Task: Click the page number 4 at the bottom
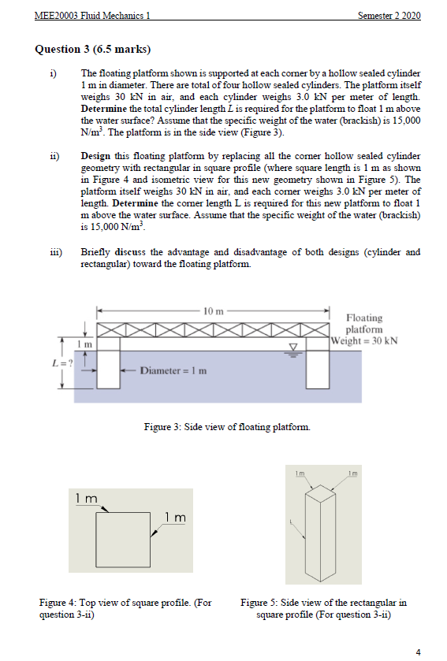click(x=418, y=651)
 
